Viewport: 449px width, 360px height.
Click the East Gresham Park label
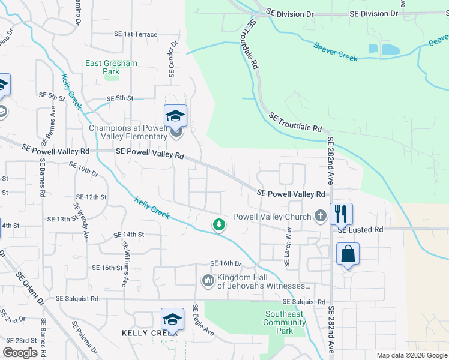coord(111,67)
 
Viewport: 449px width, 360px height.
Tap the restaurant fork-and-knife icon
coord(341,214)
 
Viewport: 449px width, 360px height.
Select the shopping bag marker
coord(348,254)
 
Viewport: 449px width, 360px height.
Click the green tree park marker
coord(219,224)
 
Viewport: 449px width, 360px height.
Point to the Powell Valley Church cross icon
coord(321,216)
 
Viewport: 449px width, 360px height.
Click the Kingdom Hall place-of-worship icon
coord(208,280)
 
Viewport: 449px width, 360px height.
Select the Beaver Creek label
coord(336,51)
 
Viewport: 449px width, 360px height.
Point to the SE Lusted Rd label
coord(360,230)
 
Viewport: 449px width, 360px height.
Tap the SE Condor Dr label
coord(173,59)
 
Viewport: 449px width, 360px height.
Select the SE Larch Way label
coord(288,244)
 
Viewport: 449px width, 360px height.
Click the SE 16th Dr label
coord(225,263)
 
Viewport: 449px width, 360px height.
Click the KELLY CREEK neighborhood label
coord(142,332)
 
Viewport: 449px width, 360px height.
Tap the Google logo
coord(20,353)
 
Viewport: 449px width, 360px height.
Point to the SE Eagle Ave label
coord(202,319)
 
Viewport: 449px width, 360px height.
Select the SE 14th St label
coord(124,234)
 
